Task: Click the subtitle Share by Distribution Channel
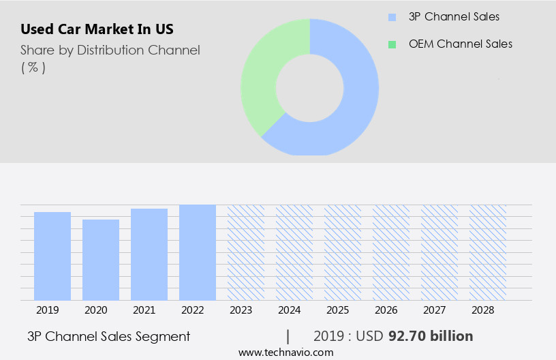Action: pos(110,50)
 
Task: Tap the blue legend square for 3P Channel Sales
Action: pos(391,16)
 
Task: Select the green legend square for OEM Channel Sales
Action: pos(391,44)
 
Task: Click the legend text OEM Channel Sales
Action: pos(460,44)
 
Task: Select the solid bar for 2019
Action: pos(52,256)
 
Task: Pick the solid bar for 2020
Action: pos(101,260)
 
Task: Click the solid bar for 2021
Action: pos(149,254)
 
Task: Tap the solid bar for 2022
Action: pos(198,252)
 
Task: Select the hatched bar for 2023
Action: pos(246,252)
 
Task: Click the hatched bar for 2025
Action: pos(343,252)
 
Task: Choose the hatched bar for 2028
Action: pos(488,252)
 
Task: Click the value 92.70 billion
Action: pos(431,336)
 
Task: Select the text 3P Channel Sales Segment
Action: pos(108,336)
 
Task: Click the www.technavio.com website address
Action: pos(285,352)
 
